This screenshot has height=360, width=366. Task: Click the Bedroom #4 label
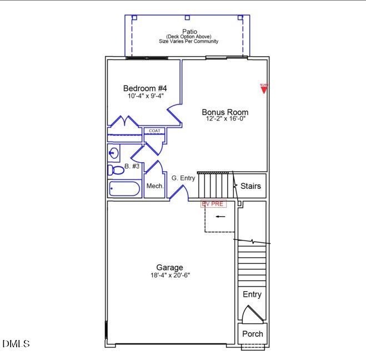pyautogui.click(x=144, y=88)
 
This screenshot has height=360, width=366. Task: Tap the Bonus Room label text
pyautogui.click(x=224, y=112)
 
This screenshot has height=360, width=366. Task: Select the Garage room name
pyautogui.click(x=169, y=267)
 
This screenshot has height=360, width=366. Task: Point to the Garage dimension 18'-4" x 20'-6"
pyautogui.click(x=169, y=275)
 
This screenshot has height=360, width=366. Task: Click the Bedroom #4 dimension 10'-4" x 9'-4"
pyautogui.click(x=144, y=96)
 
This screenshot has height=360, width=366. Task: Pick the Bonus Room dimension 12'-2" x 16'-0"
pyautogui.click(x=224, y=119)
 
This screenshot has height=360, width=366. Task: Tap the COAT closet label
pyautogui.click(x=153, y=131)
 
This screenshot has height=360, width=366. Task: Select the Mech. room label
pyautogui.click(x=154, y=186)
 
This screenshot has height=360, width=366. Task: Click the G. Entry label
pyautogui.click(x=183, y=178)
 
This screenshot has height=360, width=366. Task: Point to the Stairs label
pyautogui.click(x=250, y=186)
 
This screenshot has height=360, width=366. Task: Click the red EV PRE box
pyautogui.click(x=213, y=204)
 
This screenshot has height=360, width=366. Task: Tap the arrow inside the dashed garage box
pyautogui.click(x=220, y=217)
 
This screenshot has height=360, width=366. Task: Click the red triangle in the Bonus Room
pyautogui.click(x=264, y=88)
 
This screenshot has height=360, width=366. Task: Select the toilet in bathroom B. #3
pyautogui.click(x=116, y=170)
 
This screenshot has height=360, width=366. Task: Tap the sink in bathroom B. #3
pyautogui.click(x=114, y=152)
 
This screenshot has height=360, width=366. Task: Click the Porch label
pyautogui.click(x=253, y=334)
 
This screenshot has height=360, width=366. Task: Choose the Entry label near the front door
pyautogui.click(x=252, y=294)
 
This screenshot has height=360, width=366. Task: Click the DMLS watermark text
pyautogui.click(x=16, y=344)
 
